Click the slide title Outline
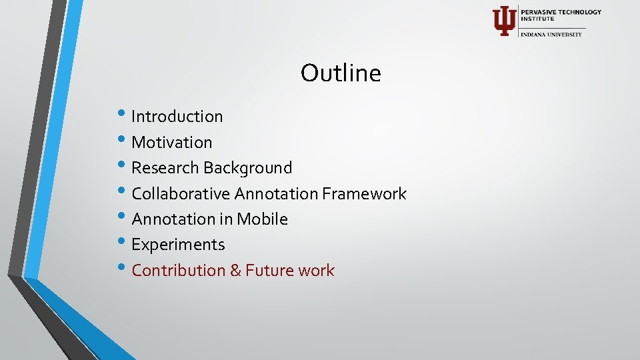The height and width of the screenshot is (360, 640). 341,73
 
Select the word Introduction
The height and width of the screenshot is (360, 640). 177,117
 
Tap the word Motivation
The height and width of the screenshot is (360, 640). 172,142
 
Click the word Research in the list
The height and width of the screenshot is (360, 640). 165,168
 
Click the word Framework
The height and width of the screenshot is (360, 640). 364,194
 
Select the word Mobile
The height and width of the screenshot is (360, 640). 262,219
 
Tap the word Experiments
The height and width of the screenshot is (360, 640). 178,245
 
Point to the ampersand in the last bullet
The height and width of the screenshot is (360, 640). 236,271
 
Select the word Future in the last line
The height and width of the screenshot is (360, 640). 269,271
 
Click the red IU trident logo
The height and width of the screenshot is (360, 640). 503,21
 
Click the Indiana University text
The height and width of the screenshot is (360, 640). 551,34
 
